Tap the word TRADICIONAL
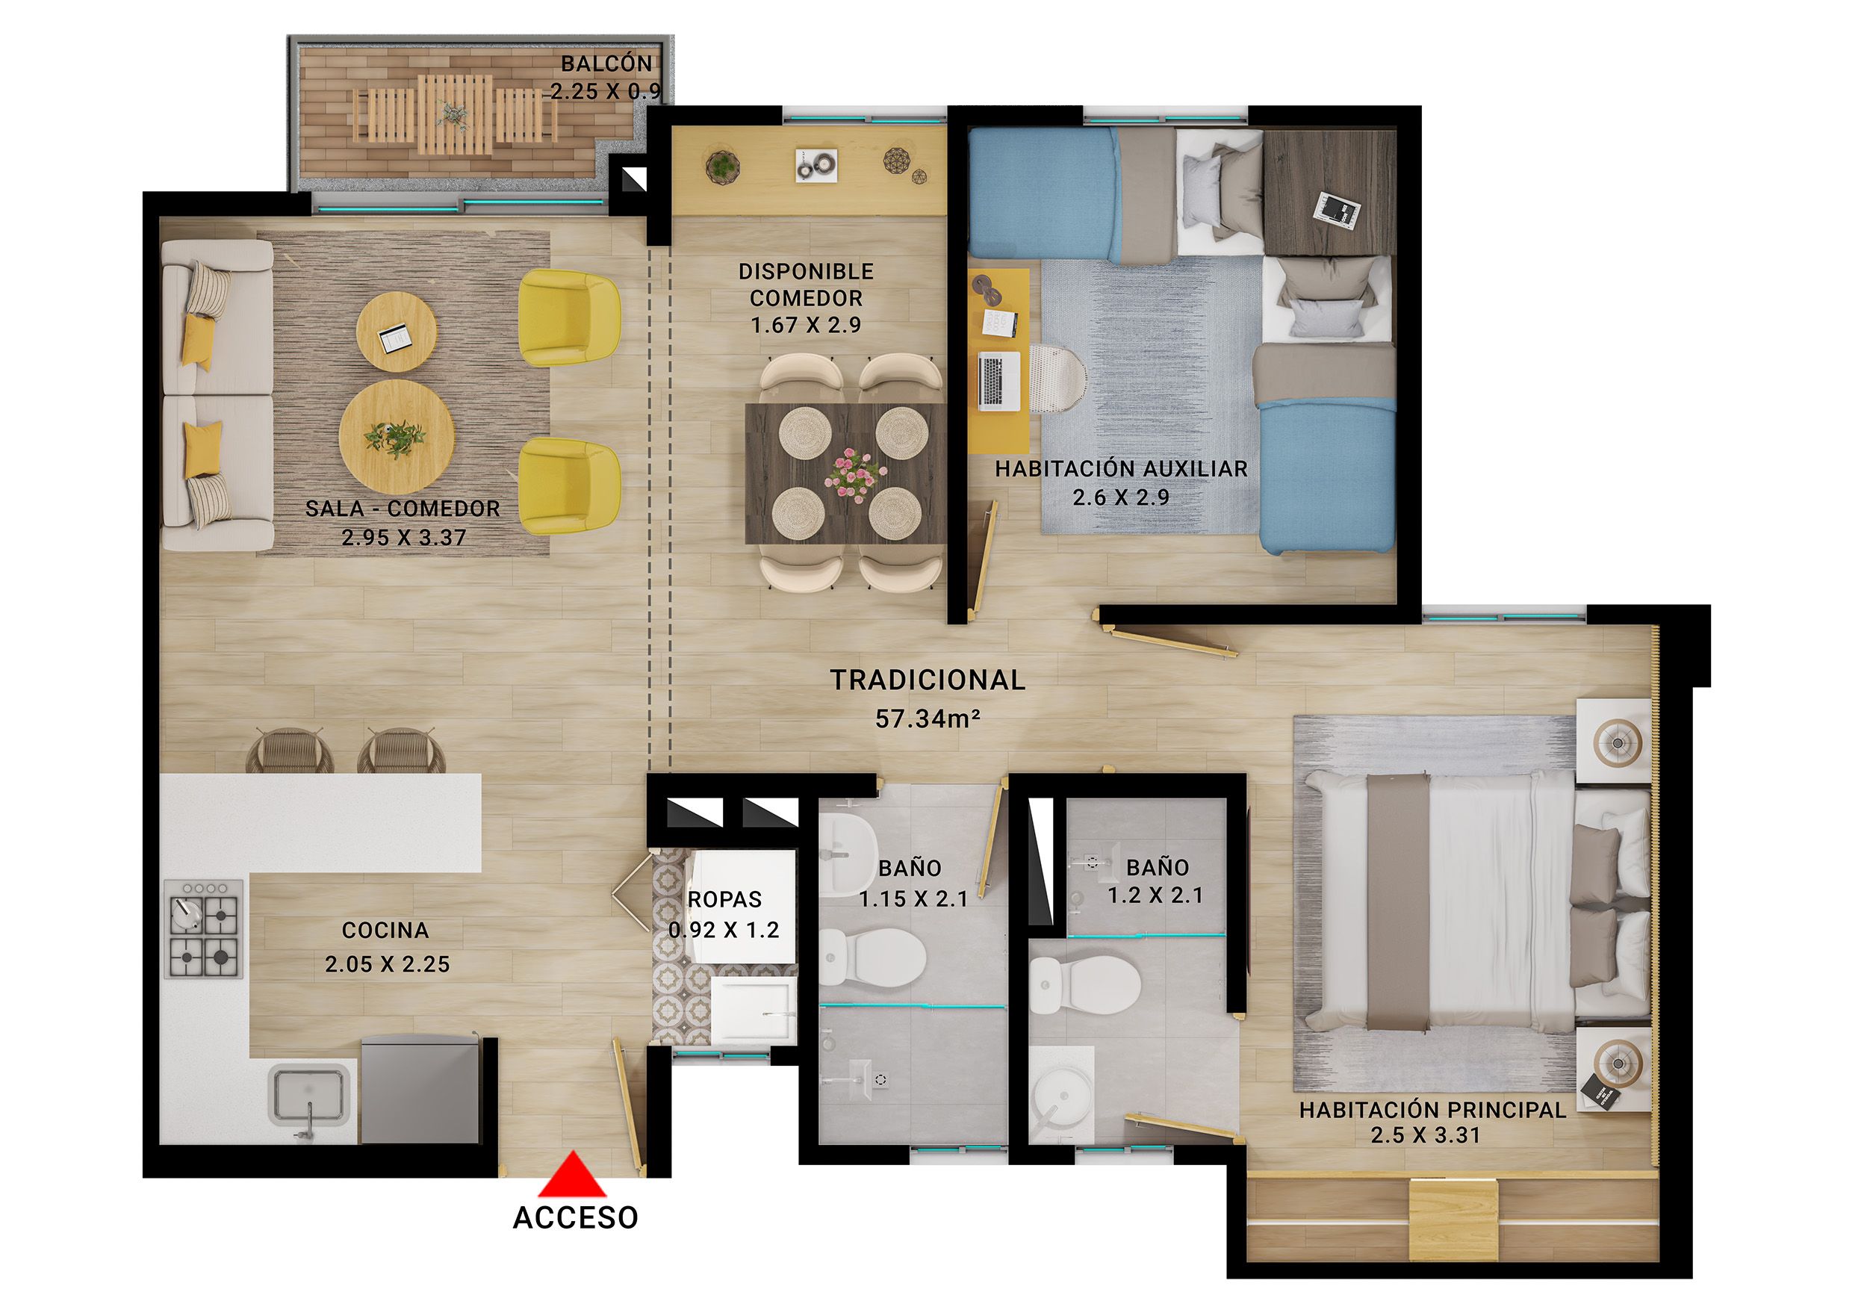[x=927, y=680]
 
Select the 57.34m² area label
[x=927, y=719]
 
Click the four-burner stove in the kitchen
[x=203, y=928]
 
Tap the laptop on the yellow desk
[x=998, y=381]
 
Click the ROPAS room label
[x=724, y=899]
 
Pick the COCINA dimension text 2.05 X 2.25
[x=387, y=965]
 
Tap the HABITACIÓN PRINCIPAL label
[x=1432, y=1110]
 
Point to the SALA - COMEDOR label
[x=403, y=509]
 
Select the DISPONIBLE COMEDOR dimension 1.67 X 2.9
[x=805, y=326]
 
